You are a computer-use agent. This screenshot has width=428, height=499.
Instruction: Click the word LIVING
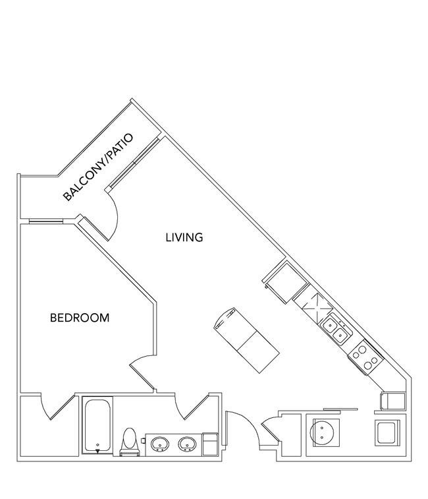pos(184,237)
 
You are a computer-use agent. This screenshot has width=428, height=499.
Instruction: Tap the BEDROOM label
pos(80,318)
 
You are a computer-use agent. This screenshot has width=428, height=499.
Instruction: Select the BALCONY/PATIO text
pos(97,167)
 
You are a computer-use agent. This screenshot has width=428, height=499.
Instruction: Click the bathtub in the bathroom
pos(97,425)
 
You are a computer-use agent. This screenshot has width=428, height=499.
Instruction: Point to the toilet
pos(130,442)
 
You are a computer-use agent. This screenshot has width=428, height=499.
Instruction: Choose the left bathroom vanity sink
pos(159,444)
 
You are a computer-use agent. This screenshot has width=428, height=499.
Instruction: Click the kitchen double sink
pos(336,330)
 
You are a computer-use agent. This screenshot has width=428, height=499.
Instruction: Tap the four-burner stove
pos(366,357)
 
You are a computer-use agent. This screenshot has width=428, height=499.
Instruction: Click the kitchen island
pos(247,340)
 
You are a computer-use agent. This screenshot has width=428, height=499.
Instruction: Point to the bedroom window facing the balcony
pos(47,221)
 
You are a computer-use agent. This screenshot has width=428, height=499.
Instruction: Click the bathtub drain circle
pos(97,445)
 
